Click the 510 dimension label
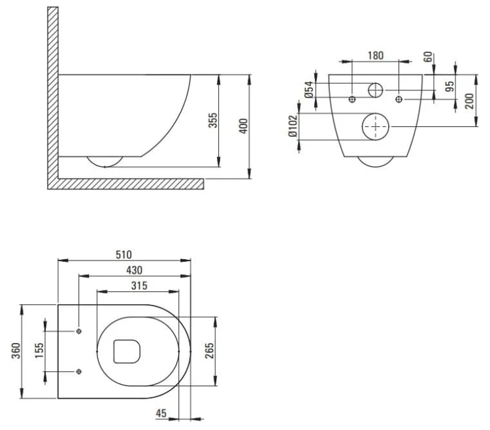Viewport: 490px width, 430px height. pyautogui.click(x=123, y=255)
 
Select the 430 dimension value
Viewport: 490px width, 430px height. pyautogui.click(x=135, y=270)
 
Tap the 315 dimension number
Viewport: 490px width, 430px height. pyautogui.click(x=139, y=285)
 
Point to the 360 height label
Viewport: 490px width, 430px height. pyautogui.click(x=16, y=351)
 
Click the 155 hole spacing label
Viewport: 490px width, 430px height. pyautogui.click(x=39, y=351)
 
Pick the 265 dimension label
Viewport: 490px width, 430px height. pyautogui.click(x=209, y=351)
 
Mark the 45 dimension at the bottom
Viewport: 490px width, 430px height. pyautogui.click(x=161, y=413)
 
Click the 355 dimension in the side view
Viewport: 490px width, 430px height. pyautogui.click(x=213, y=120)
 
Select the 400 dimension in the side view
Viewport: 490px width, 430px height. pyautogui.click(x=244, y=126)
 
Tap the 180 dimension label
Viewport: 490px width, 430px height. pyautogui.click(x=375, y=56)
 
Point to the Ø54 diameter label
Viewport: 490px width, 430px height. pyautogui.click(x=309, y=90)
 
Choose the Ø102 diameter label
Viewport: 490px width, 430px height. pyautogui.click(x=293, y=126)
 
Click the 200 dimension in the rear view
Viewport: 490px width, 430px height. pyautogui.click(x=469, y=101)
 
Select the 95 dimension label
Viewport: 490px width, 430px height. pyautogui.click(x=449, y=86)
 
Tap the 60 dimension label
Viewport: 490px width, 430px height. pyautogui.click(x=429, y=57)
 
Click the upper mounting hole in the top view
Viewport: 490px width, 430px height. pyautogui.click(x=79, y=331)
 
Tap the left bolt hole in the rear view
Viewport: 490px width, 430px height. pyautogui.click(x=352, y=99)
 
